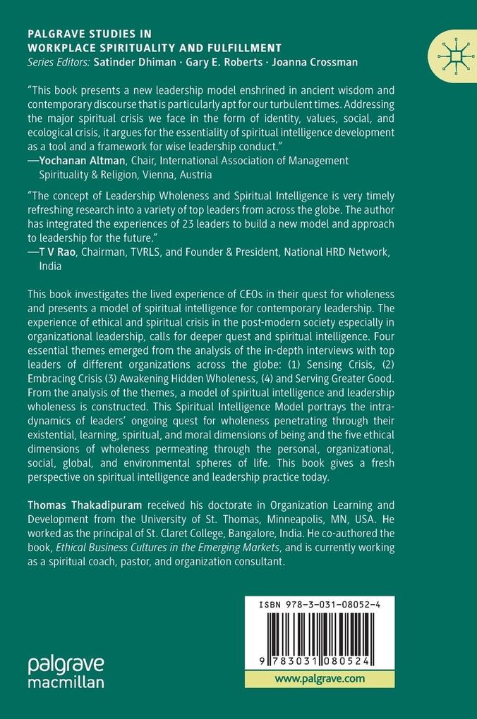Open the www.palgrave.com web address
tap(320, 679)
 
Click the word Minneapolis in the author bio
tap(279, 518)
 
